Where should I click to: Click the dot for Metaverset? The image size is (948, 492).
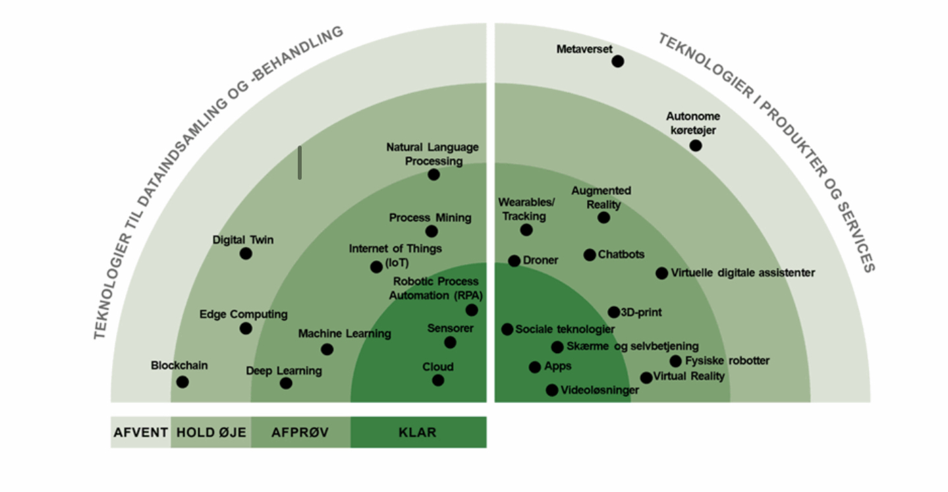click(617, 61)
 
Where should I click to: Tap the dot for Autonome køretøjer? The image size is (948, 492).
click(696, 145)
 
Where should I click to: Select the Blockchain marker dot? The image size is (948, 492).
click(182, 382)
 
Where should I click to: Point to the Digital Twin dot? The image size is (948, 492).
click(246, 254)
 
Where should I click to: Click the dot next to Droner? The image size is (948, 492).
click(515, 261)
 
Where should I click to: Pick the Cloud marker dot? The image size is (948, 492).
click(438, 380)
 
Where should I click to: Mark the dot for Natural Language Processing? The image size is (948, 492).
click(433, 175)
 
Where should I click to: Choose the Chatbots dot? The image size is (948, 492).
click(590, 255)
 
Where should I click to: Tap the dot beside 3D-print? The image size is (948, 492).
click(614, 312)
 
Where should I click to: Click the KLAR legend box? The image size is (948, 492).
click(418, 433)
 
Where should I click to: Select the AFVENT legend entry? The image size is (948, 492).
click(140, 433)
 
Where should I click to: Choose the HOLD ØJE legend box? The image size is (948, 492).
click(210, 433)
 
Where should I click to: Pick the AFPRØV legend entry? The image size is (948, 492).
click(300, 433)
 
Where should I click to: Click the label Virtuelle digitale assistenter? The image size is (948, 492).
click(742, 273)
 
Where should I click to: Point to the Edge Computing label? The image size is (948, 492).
click(243, 314)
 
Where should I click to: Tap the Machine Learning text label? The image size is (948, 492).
click(344, 334)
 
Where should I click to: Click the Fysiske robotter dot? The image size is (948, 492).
click(675, 361)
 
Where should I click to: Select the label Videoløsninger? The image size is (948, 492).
click(599, 390)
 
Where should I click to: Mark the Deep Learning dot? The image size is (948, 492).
click(286, 383)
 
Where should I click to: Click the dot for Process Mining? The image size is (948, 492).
click(432, 231)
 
